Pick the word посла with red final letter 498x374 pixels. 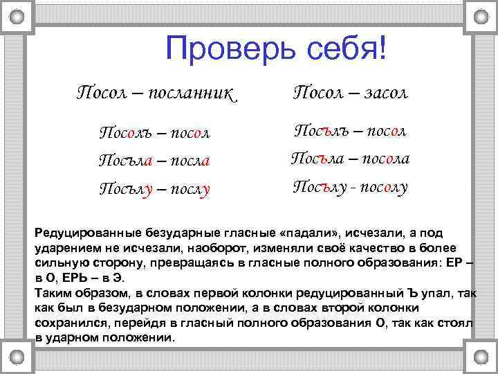pos(187,160)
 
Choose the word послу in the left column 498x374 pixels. pos(187,188)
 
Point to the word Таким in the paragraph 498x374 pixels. pos(53,293)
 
